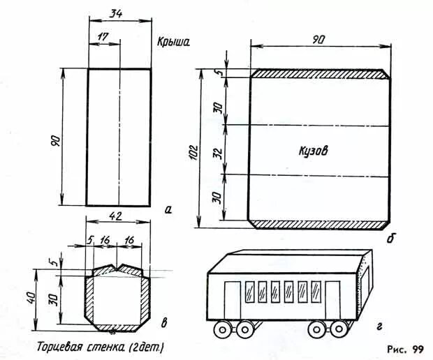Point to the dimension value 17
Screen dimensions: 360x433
103,34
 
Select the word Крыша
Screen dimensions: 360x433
175,42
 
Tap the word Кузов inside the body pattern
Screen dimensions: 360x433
311,150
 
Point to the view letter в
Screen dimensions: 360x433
163,322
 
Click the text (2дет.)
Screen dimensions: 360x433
147,346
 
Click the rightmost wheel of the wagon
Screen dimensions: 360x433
342,329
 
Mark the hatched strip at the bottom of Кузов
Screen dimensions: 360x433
319,224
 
